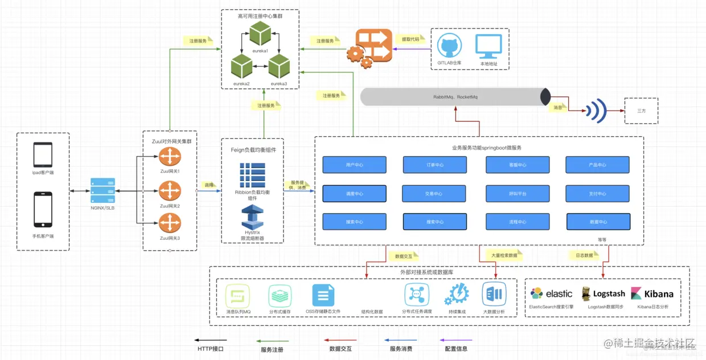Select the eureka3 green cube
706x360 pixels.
280,67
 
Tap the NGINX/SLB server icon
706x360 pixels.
103,191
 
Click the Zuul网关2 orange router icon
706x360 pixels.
170,190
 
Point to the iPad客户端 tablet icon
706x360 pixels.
43,154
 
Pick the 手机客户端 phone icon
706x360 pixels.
43,209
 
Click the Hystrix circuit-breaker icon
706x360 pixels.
252,218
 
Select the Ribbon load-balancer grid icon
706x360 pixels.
252,175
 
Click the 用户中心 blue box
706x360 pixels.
354,165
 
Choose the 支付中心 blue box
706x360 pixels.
597,193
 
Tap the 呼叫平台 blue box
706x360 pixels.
518,193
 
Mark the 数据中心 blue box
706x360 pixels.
598,222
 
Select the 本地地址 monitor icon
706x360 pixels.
489,46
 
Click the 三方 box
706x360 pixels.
641,111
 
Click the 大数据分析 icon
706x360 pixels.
494,294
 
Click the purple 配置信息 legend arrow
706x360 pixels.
457,340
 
